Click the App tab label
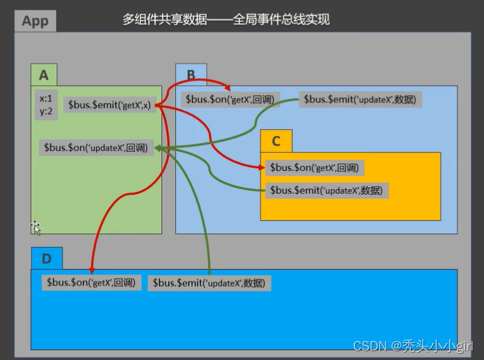tap(35, 20)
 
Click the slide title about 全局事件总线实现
tap(226, 20)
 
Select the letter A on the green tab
tap(44, 75)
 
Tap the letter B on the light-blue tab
tap(191, 75)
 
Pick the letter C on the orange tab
tap(276, 141)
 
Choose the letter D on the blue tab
tap(46, 258)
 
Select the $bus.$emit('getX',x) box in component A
tap(108, 105)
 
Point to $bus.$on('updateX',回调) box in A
tap(96, 147)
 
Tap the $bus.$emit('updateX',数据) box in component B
tap(361, 99)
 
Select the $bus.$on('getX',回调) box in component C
tap(313, 167)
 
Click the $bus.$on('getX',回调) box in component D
tap(91, 283)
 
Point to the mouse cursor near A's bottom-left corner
tap(35, 228)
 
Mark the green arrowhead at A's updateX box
tap(159, 148)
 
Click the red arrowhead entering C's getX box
tap(262, 166)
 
